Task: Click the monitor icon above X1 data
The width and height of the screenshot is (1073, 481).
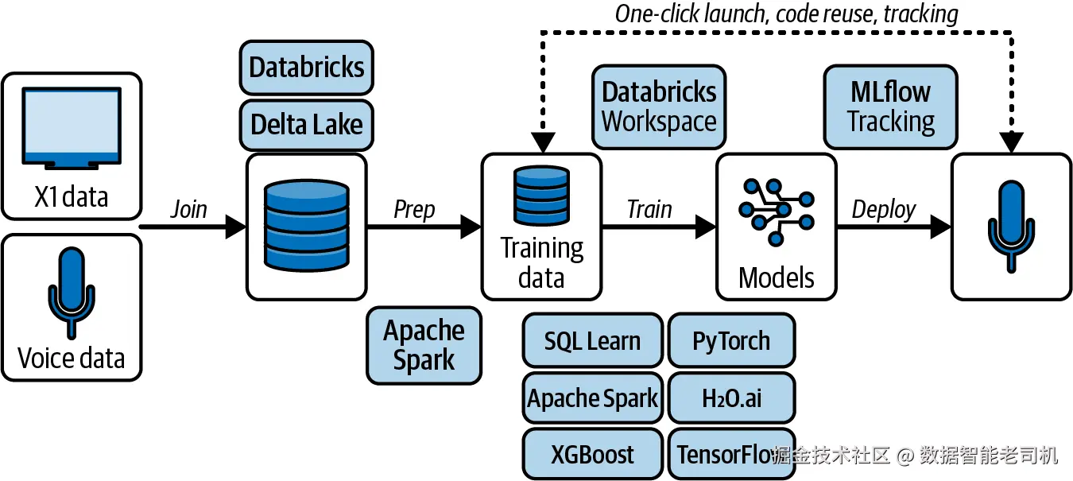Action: pyautogui.click(x=72, y=128)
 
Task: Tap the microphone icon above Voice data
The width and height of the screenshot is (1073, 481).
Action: pyautogui.click(x=72, y=293)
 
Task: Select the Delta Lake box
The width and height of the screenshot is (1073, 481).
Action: pyautogui.click(x=307, y=125)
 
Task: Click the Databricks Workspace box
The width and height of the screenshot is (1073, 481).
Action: pyautogui.click(x=659, y=107)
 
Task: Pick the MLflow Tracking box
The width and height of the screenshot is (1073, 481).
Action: pyautogui.click(x=890, y=107)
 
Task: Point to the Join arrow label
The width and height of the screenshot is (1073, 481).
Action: pyautogui.click(x=188, y=209)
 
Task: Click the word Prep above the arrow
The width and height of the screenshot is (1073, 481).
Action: pyautogui.click(x=414, y=210)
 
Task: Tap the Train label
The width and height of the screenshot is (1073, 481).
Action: pyautogui.click(x=649, y=209)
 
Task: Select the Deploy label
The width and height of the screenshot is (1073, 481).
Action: pyautogui.click(x=884, y=210)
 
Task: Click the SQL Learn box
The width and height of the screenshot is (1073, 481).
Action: pyautogui.click(x=593, y=340)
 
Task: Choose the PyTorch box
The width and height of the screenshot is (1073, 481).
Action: pyautogui.click(x=731, y=340)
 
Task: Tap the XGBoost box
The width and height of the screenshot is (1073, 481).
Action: pyautogui.click(x=593, y=454)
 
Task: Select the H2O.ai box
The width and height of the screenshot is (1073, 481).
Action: pyautogui.click(x=731, y=398)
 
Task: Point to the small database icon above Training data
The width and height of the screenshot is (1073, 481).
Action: pyautogui.click(x=541, y=196)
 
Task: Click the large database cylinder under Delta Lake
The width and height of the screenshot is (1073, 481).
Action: pyautogui.click(x=307, y=225)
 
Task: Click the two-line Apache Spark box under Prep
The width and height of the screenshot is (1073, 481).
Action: pyautogui.click(x=424, y=345)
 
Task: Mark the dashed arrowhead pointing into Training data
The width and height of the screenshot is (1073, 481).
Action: pyautogui.click(x=543, y=142)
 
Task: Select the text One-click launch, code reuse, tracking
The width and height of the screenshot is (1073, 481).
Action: pyautogui.click(x=787, y=14)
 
